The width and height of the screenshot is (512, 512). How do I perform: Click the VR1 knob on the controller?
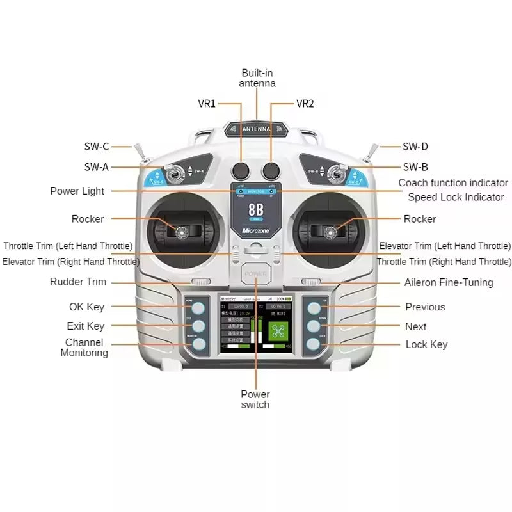(x=241, y=170)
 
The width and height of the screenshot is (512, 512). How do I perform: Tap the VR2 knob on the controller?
(x=271, y=170)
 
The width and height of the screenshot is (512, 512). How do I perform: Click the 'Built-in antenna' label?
(x=257, y=78)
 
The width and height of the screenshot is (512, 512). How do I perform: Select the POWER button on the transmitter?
(x=256, y=276)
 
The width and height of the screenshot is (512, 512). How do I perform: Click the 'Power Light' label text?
(x=77, y=191)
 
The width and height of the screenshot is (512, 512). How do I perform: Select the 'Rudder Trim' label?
(x=78, y=282)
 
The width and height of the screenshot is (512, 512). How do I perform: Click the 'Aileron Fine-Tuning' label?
(x=449, y=282)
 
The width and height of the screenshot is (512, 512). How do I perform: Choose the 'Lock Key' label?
(x=426, y=345)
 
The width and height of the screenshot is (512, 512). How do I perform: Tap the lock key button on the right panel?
(x=314, y=344)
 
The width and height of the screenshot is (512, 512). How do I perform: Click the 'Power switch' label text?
(x=255, y=399)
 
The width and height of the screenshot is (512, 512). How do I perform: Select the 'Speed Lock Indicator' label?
(x=456, y=197)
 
